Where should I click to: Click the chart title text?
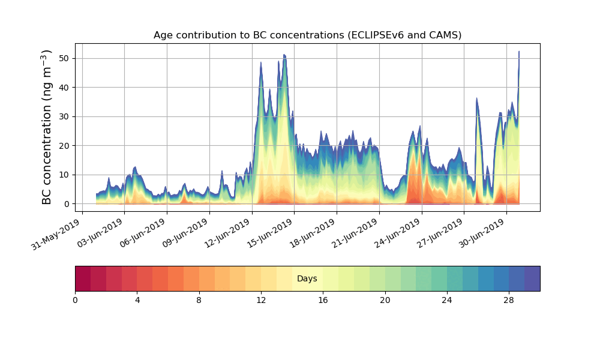click(x=307, y=35)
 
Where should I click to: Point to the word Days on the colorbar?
click(x=307, y=279)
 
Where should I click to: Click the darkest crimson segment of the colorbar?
click(x=83, y=278)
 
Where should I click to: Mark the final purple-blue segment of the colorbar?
click(x=532, y=278)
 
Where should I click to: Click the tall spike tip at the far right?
click(x=519, y=52)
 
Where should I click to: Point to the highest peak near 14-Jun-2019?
click(x=284, y=55)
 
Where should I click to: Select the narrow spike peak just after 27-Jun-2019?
click(x=476, y=98)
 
